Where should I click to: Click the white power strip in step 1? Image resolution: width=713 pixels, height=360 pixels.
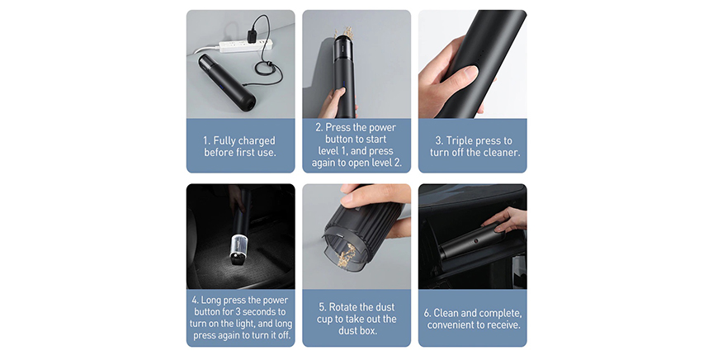tap(246, 45)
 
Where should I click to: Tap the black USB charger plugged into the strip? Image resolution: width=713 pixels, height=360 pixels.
tap(252, 36)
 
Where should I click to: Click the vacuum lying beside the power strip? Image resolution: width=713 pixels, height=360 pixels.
tap(226, 82)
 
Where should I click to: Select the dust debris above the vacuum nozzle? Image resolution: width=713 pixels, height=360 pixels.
tap(344, 33)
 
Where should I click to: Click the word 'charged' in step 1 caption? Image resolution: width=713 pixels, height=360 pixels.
tap(257, 140)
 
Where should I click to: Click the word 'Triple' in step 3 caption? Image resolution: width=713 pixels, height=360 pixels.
tap(460, 140)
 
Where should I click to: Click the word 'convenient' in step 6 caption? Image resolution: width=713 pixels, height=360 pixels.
tap(451, 325)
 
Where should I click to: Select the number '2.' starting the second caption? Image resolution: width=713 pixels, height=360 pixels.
tap(319, 127)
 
